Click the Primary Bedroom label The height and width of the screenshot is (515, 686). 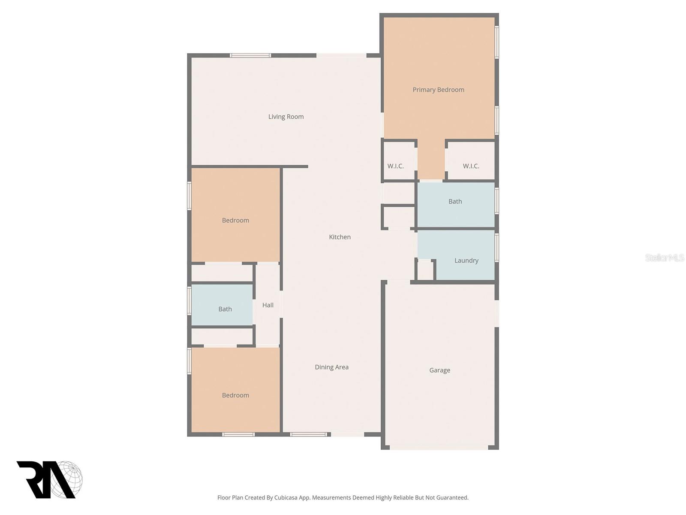pos(438,90)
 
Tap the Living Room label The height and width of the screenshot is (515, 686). pos(286,117)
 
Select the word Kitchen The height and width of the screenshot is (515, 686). pos(340,237)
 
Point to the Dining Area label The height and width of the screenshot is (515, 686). pos(331,367)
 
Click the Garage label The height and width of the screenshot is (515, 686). pos(439,370)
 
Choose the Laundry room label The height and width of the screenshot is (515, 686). pos(466,261)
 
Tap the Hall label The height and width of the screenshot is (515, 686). pos(268,305)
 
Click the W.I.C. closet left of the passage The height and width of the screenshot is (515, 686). pos(395,166)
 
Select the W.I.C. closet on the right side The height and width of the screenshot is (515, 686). pos(471,166)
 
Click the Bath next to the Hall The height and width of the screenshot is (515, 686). pos(225,309)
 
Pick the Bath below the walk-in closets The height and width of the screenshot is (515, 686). pos(455,201)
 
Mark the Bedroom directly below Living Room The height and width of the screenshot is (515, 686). pos(235,220)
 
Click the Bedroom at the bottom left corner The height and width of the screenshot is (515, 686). pos(235,395)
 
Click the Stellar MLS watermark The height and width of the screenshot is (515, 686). pos(664,257)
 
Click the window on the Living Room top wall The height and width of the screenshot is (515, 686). pos(250,55)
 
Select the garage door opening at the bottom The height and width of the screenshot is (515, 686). pos(439,448)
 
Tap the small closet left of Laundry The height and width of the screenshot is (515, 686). pos(425,270)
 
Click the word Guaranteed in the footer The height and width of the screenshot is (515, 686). pos(453,498)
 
